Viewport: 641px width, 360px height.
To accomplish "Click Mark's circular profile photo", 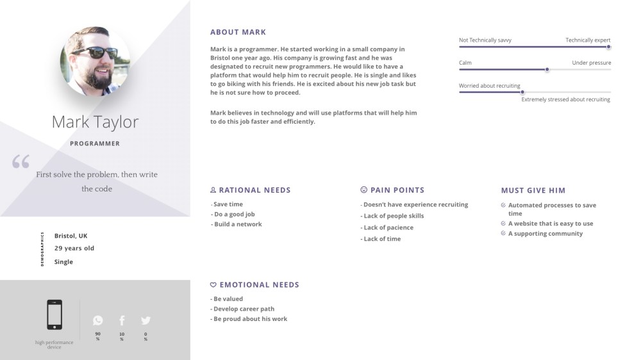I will [x=96, y=61].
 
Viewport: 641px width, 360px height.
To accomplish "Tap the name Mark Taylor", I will [x=95, y=122].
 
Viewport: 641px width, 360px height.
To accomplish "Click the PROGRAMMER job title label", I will [x=95, y=143].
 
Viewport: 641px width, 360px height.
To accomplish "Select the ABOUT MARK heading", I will [x=238, y=32].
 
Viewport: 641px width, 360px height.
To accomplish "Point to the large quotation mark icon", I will [x=21, y=161].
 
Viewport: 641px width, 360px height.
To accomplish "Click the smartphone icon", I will [x=54, y=315].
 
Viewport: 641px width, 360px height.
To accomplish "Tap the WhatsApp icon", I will [x=97, y=320].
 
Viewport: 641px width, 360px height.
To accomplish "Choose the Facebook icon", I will [x=122, y=320].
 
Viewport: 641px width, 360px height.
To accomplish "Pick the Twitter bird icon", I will [x=146, y=320].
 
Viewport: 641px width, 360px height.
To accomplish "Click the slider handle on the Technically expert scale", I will [x=608, y=47].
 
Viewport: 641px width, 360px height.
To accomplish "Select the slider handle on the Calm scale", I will [x=547, y=69].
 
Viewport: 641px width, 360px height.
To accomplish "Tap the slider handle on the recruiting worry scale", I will [x=522, y=92].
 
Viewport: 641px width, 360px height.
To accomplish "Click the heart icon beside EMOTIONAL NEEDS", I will [x=213, y=284].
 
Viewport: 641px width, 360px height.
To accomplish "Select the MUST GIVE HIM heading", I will [x=533, y=190].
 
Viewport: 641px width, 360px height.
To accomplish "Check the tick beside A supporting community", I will [x=503, y=234].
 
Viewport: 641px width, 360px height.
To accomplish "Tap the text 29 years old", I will [x=74, y=248].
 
